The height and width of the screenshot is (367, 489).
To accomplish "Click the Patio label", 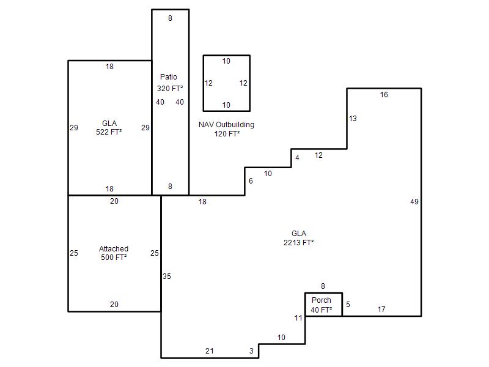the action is point(169,77).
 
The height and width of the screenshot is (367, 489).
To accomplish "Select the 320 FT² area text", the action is point(170,89).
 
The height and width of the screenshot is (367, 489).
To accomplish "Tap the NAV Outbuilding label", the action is point(226,125).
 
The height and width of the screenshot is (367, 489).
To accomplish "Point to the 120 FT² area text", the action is point(227,134).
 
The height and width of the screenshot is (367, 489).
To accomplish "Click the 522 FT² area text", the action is point(109,132).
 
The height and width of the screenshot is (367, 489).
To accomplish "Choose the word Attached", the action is point(114,249).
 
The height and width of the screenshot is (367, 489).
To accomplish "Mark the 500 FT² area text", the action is point(114,258).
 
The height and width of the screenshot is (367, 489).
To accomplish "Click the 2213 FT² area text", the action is point(299,242).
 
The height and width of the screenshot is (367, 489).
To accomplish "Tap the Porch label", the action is point(322,300).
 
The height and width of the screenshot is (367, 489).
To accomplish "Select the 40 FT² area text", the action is point(322,310).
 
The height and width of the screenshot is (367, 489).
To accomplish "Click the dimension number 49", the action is point(414,202).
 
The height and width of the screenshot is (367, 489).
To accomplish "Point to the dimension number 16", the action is point(384,95).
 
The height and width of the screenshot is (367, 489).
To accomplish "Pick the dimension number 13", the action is point(353,119).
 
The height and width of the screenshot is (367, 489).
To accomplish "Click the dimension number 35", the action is point(167,276).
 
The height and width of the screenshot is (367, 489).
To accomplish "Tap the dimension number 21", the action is point(210,350).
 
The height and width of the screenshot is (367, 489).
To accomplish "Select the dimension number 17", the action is point(381,310).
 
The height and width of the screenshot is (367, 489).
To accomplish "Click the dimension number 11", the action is point(298,317).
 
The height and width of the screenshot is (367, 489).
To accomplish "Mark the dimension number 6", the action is point(251,181).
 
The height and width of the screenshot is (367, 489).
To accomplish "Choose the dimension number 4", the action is point(297,158).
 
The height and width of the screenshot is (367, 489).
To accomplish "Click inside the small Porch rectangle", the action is point(324,304).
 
